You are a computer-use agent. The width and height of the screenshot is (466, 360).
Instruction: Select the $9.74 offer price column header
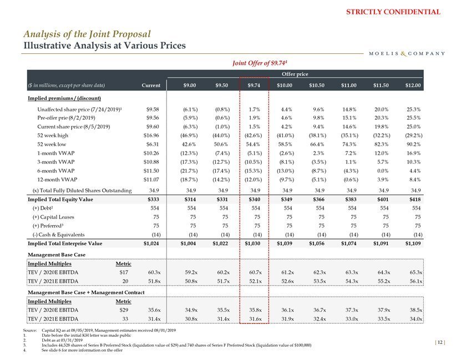tap(253, 85)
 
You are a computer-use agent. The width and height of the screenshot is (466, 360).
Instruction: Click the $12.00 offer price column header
tap(412, 85)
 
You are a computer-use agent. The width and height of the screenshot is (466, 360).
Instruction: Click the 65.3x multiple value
tap(414, 272)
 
